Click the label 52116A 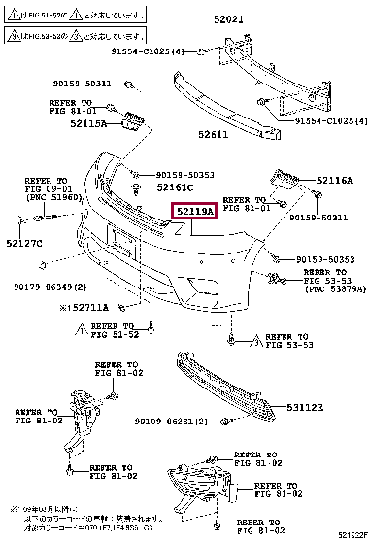pyautogui.click(x=335, y=181)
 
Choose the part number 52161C pyautogui.click(x=176, y=186)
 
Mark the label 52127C pyautogui.click(x=23, y=242)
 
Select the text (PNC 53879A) pyautogui.click(x=335, y=288)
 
